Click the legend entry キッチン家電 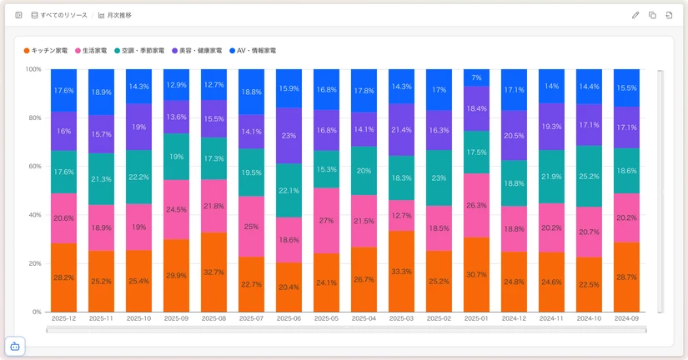click(49, 51)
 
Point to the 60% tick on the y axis click(34, 166)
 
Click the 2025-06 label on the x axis click(289, 318)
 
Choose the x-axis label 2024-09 click(626, 318)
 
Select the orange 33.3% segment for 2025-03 click(401, 271)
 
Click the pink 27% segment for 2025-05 click(326, 221)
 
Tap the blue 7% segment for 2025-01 click(476, 77)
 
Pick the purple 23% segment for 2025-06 click(289, 135)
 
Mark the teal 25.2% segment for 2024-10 click(589, 176)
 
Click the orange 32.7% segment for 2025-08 click(213, 272)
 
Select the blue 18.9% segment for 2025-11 click(101, 92)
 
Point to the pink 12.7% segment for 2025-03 click(401, 215)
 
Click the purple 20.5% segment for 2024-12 click(514, 135)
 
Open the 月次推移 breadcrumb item click(114, 15)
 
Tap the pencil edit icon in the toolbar click(635, 15)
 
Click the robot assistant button click(14, 346)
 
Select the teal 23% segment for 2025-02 click(439, 177)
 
